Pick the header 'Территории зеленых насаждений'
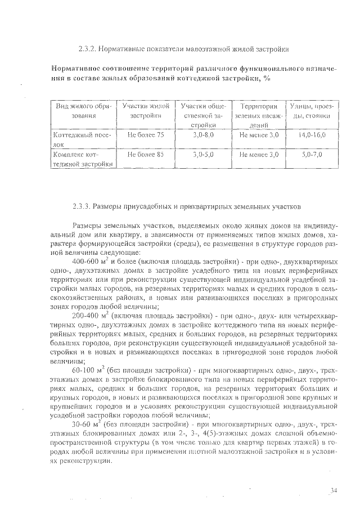tap(259, 115)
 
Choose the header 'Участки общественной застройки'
tap(200, 115)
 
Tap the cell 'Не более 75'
tap(146, 136)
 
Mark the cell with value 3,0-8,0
tap(201, 136)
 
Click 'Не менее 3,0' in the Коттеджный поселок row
tap(259, 136)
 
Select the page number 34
tap(333, 490)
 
